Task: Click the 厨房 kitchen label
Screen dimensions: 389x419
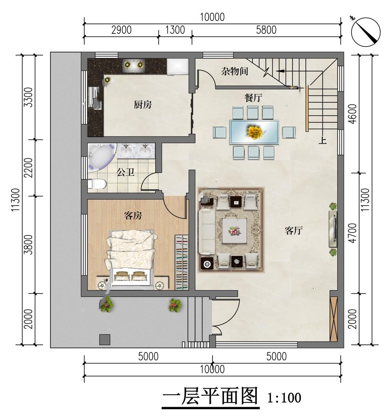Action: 143,104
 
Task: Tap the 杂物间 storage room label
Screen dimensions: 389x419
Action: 234,71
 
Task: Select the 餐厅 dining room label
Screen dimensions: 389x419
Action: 253,98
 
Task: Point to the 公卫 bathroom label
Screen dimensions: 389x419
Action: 125,172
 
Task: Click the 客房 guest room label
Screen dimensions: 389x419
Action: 133,215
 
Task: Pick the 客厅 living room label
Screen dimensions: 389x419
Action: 294,230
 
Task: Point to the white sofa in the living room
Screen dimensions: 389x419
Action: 207,232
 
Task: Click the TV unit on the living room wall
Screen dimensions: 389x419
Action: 333,229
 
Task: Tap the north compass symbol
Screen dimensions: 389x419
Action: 365,32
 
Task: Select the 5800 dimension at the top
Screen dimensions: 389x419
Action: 266,30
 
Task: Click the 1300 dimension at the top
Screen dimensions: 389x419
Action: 175,30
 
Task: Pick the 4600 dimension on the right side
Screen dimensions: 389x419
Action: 353,114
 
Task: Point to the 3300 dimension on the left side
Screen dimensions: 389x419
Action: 28,97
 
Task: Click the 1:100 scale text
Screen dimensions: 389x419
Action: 284,398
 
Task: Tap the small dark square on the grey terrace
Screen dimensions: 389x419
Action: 105,339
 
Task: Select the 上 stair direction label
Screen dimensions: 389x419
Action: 323,140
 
